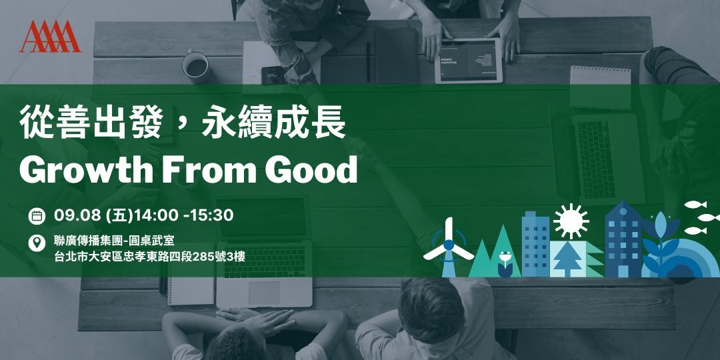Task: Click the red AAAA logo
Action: (x=50, y=37)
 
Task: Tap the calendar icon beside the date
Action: (x=37, y=216)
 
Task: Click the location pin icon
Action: (x=37, y=243)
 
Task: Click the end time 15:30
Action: (x=211, y=215)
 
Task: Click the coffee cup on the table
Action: (x=195, y=65)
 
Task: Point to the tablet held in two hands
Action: (x=468, y=61)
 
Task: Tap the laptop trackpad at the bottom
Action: (x=265, y=292)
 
